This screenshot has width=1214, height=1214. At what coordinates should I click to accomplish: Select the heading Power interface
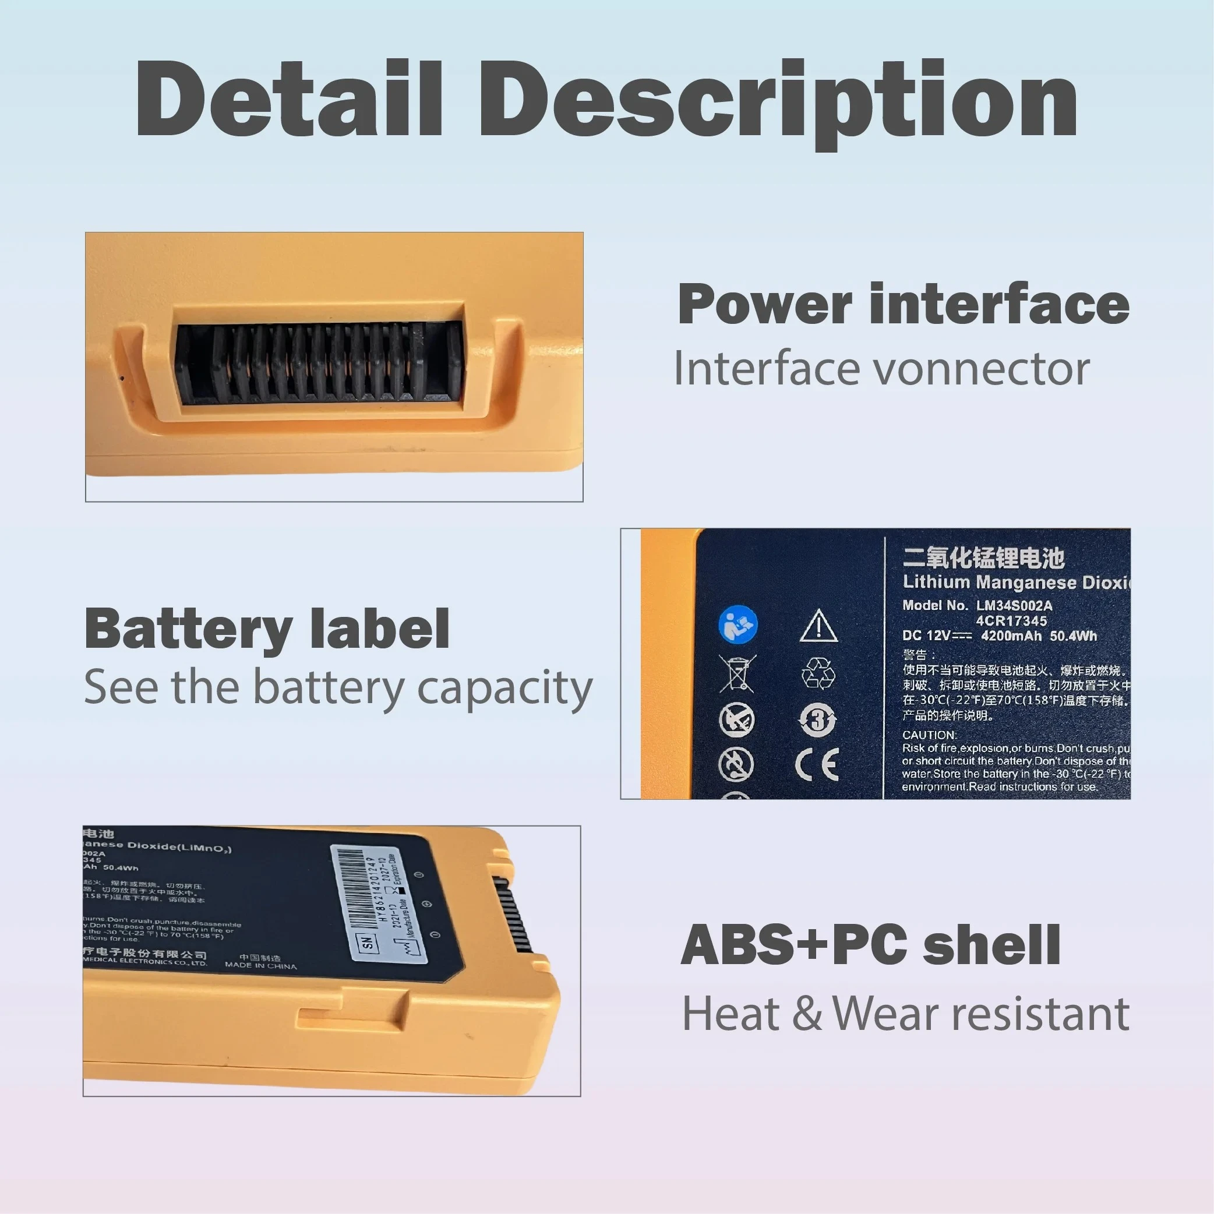click(904, 304)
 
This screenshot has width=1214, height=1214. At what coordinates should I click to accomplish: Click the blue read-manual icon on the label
click(737, 624)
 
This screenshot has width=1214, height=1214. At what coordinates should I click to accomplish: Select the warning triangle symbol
click(818, 626)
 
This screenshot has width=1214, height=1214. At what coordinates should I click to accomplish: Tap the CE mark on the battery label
click(817, 765)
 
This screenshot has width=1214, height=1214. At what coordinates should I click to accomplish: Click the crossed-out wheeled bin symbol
click(737, 673)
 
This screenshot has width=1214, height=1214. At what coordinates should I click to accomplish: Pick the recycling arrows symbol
click(818, 673)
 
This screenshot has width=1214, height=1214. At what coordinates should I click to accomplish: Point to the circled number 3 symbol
click(817, 720)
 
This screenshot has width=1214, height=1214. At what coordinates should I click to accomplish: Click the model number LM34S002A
click(1014, 606)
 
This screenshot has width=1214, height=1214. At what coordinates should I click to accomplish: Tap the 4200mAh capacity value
click(1011, 636)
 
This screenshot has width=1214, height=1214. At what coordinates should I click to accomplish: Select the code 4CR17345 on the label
click(1011, 621)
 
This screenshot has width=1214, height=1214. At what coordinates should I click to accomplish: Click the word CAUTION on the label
click(929, 735)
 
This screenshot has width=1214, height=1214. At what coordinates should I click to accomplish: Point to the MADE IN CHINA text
click(261, 965)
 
